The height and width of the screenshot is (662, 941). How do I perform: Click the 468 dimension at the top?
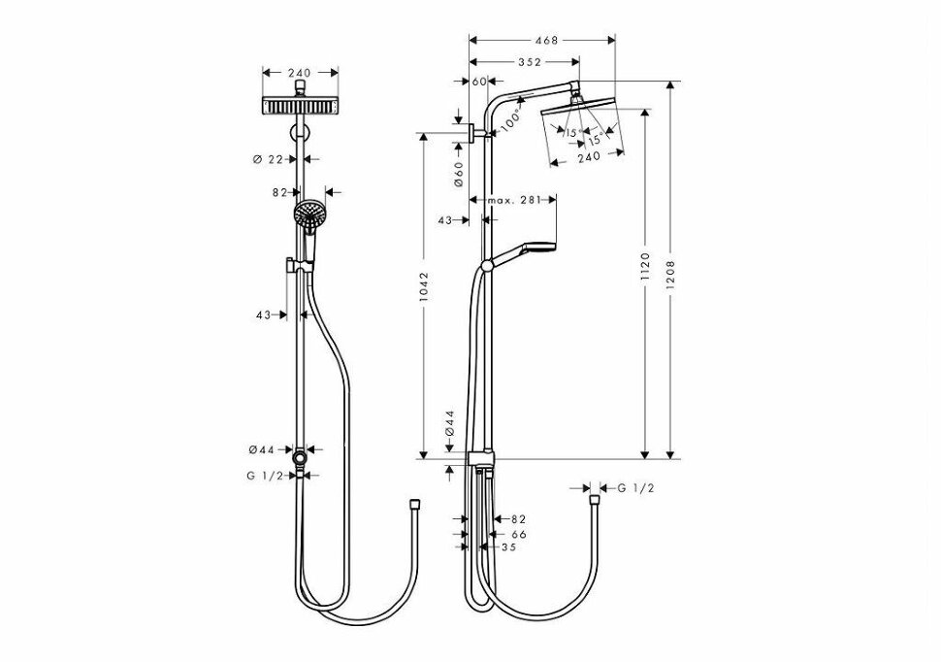point(546,40)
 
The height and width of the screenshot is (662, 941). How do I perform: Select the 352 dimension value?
point(530,62)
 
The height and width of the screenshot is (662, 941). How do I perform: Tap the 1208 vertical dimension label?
point(671,275)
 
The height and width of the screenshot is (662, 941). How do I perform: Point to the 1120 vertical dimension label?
point(645,267)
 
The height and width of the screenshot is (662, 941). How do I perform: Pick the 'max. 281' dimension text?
point(514,200)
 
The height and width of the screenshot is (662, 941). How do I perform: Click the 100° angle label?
point(510,120)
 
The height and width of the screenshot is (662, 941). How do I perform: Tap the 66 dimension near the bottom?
point(519,534)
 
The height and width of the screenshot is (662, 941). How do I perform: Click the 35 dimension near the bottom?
point(508,547)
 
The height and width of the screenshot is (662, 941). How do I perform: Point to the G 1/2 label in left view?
point(265,476)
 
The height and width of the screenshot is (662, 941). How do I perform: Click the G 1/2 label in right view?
point(636,488)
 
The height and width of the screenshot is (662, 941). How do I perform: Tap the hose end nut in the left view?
point(413,504)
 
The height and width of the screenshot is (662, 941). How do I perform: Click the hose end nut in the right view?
point(594,500)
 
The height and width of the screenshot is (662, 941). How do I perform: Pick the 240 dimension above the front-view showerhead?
point(299,73)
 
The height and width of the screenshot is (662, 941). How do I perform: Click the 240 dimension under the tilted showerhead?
point(588,157)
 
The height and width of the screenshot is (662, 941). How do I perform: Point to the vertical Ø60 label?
point(459,174)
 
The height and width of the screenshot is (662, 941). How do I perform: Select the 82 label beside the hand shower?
point(279,192)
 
